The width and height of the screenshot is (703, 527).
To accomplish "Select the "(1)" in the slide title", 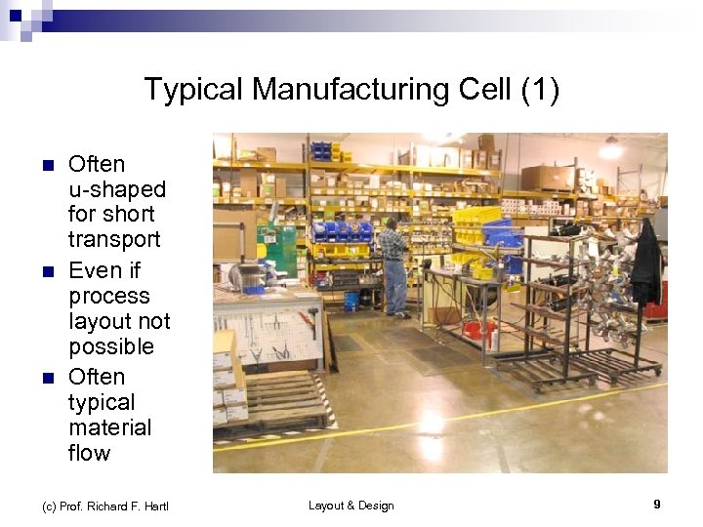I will (540, 90).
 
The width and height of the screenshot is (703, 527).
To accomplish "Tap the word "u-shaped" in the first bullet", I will (117, 189).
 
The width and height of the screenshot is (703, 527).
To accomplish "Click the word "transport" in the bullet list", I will (114, 240).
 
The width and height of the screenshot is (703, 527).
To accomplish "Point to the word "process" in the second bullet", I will (109, 296).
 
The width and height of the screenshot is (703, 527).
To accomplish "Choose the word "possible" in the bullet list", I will (111, 346).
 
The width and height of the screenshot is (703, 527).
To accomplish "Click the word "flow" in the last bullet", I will (90, 453).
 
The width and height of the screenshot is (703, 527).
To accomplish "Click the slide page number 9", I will (657, 505).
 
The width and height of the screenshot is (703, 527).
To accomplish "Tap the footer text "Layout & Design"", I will (351, 506).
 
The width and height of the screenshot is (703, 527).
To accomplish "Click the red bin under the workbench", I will (479, 330).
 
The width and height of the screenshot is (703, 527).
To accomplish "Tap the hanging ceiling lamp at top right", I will (612, 148).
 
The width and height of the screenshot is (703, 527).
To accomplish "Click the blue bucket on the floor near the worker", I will (351, 301).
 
